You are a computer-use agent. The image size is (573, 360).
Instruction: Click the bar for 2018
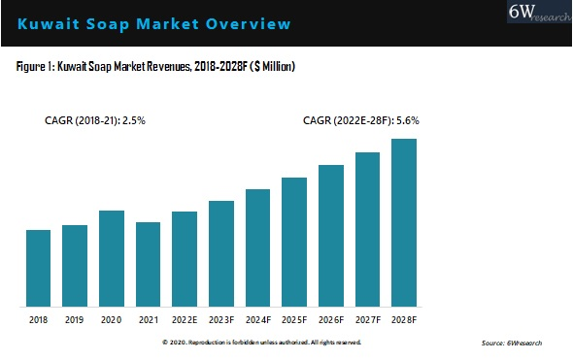[38, 267]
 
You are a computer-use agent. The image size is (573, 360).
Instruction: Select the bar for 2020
[112, 257]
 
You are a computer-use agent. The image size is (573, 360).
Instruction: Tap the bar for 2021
[148, 263]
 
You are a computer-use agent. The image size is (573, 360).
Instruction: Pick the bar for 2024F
[257, 246]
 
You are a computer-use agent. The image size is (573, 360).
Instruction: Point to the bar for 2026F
[330, 234]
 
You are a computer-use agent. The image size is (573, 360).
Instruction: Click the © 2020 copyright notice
[262, 343]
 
